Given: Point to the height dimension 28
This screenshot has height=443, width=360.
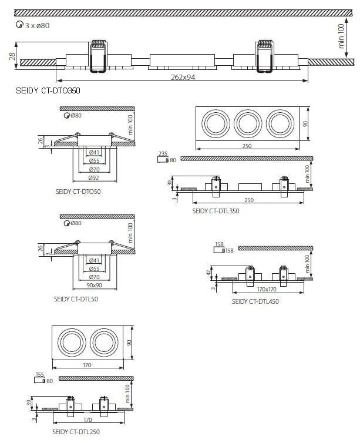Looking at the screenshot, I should point(12,56).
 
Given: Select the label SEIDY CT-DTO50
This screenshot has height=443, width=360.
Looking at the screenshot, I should point(77,192).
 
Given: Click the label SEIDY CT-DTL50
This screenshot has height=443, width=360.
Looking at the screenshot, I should point(77,299).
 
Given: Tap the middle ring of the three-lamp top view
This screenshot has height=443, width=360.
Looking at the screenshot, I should point(247,124).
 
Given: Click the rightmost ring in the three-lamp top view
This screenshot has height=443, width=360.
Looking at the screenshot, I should point(279,124).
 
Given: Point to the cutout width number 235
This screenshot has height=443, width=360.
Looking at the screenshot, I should point(163,154).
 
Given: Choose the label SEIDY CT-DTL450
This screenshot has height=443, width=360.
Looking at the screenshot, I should point(255,301).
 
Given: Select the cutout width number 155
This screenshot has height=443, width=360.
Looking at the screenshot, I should point(39,374).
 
